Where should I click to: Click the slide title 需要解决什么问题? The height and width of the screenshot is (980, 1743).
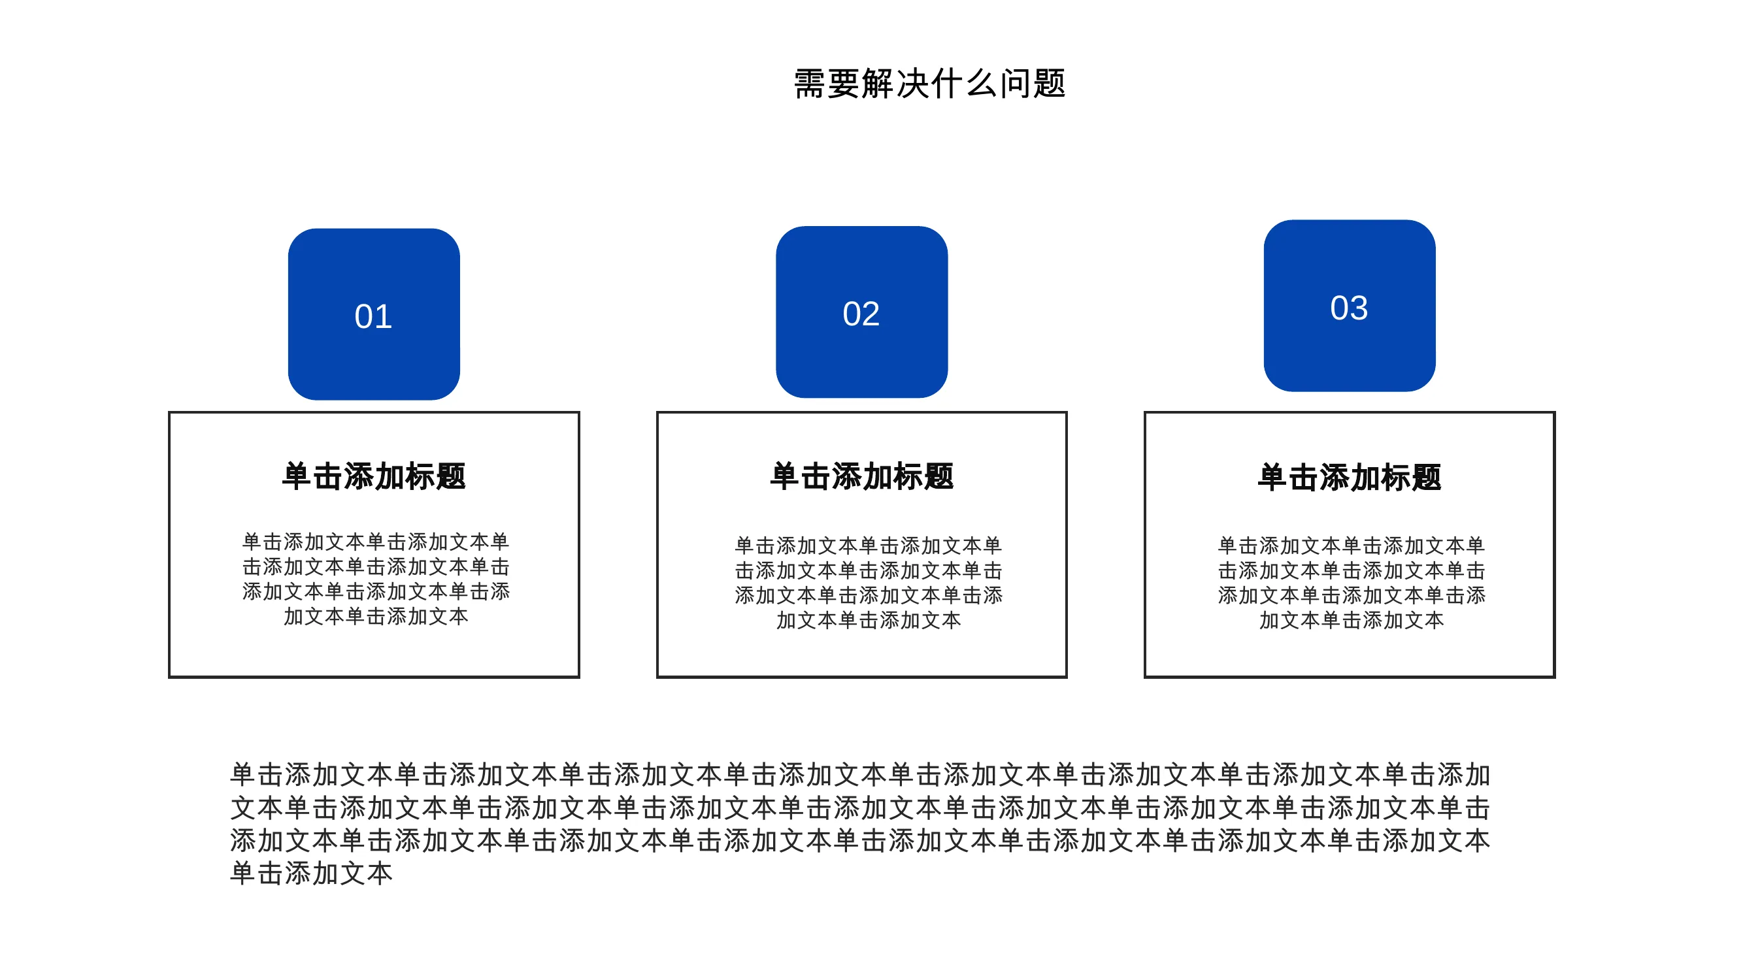point(930,84)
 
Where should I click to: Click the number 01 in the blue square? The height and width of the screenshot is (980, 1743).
point(374,316)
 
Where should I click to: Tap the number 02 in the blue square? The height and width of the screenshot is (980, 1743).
point(861,314)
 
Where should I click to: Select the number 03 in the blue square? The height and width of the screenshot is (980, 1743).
point(1349,308)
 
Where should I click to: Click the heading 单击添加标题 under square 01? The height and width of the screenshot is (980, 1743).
point(374,476)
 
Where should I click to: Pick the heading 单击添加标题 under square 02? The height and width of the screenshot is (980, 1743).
point(862,476)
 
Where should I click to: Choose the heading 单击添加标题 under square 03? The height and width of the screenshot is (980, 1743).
point(1350,478)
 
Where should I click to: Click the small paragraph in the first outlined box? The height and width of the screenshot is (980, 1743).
point(376,579)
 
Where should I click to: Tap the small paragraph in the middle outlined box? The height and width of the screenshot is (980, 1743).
point(869,583)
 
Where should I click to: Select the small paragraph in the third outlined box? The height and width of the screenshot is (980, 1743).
point(1352,583)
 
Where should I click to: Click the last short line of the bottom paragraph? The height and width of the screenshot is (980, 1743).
point(311,873)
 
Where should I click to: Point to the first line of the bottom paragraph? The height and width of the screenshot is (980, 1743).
point(860,774)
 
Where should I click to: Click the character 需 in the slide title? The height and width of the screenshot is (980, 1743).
point(810,84)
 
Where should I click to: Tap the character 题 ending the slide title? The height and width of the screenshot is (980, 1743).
point(1050,84)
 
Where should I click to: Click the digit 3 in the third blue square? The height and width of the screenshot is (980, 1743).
point(1359,308)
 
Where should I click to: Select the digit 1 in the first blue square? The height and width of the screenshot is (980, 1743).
point(384,316)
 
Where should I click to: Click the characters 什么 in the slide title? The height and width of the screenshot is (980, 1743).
point(964,84)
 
